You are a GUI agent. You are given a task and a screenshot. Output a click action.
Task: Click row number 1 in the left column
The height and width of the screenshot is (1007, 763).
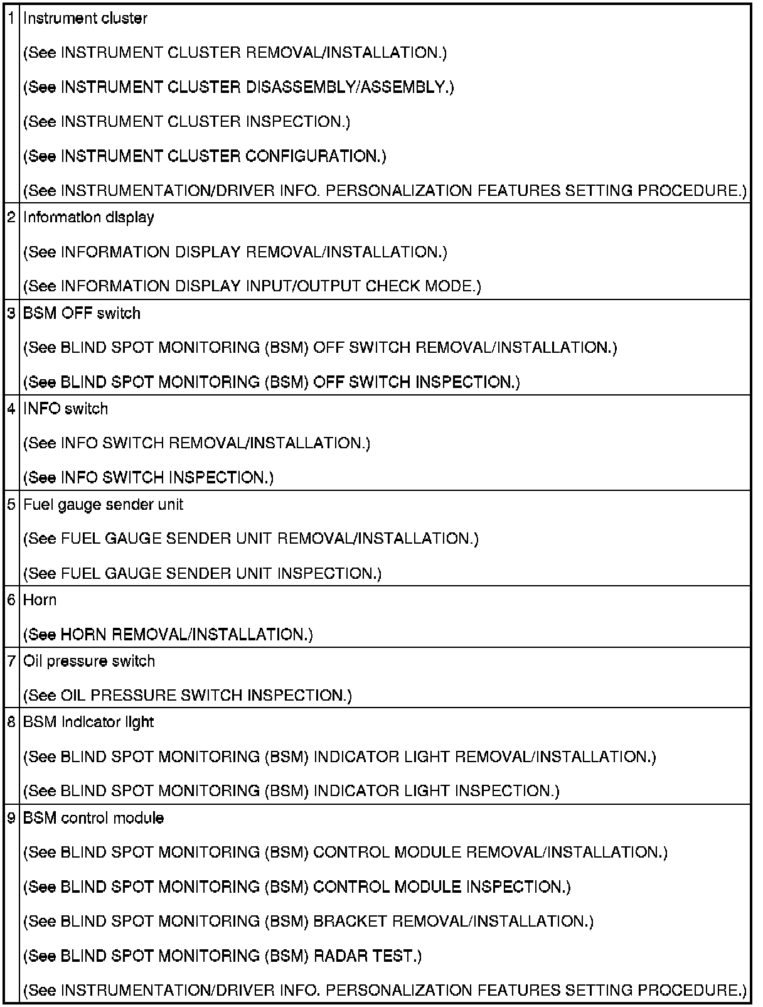[x=11, y=18]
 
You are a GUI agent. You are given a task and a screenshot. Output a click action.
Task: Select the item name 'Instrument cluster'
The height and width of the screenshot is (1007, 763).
[x=85, y=18]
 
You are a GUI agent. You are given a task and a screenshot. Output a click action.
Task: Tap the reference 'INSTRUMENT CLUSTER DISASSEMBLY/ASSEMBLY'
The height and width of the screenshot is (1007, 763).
[x=238, y=87]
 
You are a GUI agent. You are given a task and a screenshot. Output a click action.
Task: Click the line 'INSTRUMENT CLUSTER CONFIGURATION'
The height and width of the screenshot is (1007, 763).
[x=205, y=156]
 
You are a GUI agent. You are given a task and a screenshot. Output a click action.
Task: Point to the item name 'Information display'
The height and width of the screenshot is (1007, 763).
[x=88, y=217]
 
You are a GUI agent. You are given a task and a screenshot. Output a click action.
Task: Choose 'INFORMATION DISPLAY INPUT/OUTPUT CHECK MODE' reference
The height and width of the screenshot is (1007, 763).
[x=252, y=286]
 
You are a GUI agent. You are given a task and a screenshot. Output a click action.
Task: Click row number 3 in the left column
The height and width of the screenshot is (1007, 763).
[x=11, y=313]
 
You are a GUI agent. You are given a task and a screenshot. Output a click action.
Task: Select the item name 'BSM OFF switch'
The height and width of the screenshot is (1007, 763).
[x=82, y=313]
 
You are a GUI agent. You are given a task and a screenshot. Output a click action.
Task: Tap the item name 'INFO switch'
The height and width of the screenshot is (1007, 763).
[x=65, y=409]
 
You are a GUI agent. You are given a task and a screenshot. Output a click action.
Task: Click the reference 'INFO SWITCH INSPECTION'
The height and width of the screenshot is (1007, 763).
[x=148, y=478]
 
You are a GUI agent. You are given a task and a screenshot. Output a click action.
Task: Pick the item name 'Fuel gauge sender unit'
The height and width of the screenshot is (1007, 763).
[x=103, y=504]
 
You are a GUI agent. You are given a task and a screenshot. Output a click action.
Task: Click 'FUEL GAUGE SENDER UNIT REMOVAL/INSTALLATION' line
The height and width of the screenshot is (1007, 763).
[x=250, y=539]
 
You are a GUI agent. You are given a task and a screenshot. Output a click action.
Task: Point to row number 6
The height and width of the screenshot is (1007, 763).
[x=11, y=600]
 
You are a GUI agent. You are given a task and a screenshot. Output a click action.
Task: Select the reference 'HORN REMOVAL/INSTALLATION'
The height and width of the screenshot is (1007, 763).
[x=168, y=635]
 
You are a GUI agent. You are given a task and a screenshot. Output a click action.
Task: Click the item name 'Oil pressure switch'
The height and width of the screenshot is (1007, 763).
[x=88, y=661]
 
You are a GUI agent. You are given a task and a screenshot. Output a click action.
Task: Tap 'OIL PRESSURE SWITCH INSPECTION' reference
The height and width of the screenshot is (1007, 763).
[x=187, y=696]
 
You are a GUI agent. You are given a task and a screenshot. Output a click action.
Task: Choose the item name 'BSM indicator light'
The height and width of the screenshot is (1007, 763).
[x=88, y=722]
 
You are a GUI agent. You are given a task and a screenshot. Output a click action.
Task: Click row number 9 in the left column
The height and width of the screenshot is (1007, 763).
[x=11, y=818]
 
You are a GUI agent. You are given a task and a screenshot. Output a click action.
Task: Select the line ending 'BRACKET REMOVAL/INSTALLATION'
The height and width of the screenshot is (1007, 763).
[x=308, y=921]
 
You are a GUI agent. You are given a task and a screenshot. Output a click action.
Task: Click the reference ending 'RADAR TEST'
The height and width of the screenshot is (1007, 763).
[x=222, y=956]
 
